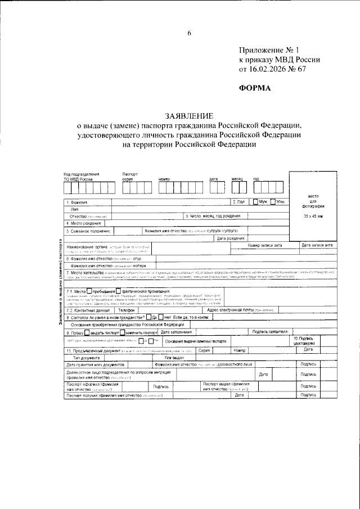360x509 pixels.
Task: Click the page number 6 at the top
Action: (190, 33)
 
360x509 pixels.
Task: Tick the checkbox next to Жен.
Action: (273, 202)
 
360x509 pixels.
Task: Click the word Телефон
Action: (127, 310)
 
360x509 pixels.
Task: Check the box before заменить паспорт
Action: (123, 332)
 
